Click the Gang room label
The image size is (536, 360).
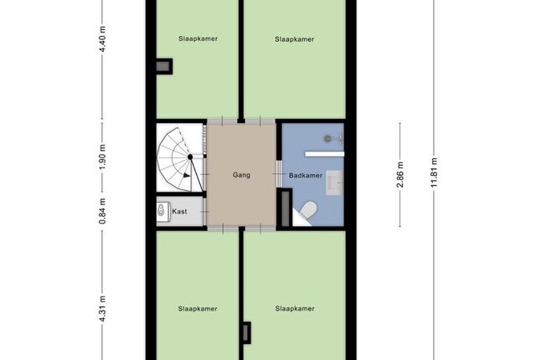click(241, 175)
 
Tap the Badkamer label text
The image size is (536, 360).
click(306, 176)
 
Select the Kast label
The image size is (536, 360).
click(179, 212)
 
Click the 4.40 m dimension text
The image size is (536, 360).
click(102, 39)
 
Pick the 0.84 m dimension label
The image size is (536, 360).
click(102, 211)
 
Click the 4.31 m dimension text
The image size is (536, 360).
click(102, 308)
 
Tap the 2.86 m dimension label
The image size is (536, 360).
click(400, 174)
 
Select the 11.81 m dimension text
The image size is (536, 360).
click(434, 172)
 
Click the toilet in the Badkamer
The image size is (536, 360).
click(308, 209)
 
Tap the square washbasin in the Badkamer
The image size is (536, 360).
click(334, 183)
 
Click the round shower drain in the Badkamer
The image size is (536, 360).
click(327, 138)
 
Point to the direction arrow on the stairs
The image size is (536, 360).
click(187, 175)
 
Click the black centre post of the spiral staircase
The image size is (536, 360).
click(190, 157)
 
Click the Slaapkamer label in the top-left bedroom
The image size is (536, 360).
click(198, 39)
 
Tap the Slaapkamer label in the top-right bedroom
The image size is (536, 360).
click(294, 39)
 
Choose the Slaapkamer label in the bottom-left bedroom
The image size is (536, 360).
click(198, 309)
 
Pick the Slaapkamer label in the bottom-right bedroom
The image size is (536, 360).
click(295, 308)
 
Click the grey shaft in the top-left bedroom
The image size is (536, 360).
click(163, 66)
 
